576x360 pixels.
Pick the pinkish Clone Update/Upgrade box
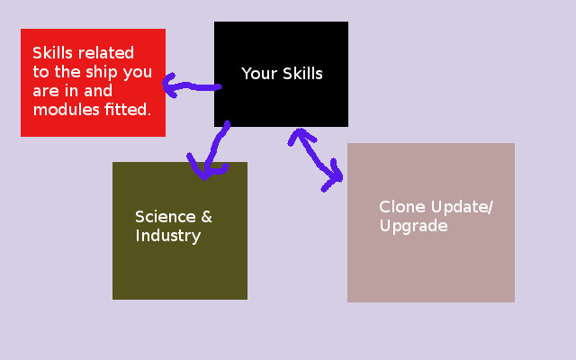point(431,261)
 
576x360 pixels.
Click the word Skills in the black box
point(302,74)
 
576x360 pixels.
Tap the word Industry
point(167,237)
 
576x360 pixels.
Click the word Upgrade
point(413,227)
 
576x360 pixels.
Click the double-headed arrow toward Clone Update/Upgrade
point(316,159)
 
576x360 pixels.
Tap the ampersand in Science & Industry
point(206,217)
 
